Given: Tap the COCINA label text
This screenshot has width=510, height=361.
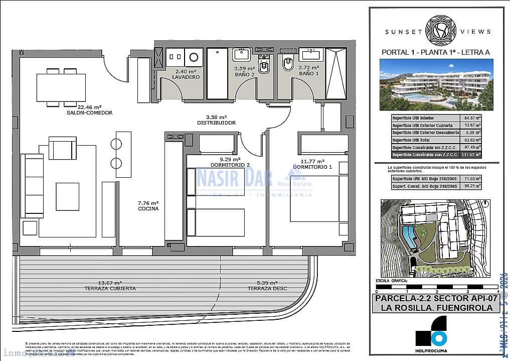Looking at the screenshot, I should point(148,208).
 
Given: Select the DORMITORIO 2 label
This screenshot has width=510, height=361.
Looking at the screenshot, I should point(231,165).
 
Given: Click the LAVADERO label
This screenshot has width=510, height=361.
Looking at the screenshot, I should point(186,77).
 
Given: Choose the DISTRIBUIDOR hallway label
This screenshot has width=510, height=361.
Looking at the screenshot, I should point(216,122).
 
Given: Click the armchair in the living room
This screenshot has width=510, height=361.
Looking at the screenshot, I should point(62,149).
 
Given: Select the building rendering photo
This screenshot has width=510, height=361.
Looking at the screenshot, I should point(436,84).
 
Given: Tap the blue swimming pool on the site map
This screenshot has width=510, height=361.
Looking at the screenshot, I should point(409,236).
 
